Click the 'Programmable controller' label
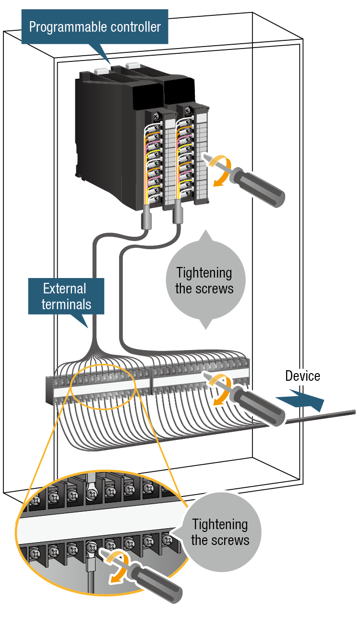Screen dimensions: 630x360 tap(95, 27)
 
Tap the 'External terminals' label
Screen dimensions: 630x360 tap(66, 296)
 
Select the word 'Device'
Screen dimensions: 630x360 tap(302, 376)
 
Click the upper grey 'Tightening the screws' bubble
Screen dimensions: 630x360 tap(205, 280)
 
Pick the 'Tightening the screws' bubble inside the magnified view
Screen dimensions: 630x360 tap(220, 532)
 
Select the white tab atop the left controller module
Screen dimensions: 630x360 tap(102, 71)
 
